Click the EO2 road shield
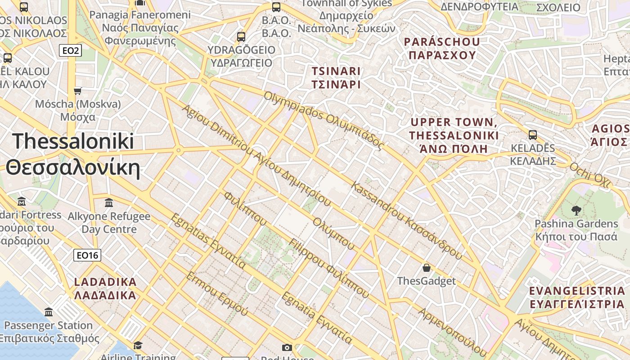click(x=71, y=50)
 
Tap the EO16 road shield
click(x=87, y=255)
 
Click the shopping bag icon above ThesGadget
click(x=427, y=268)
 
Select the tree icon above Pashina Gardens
click(x=576, y=210)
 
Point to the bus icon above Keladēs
click(x=533, y=135)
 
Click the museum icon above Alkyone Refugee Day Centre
click(x=109, y=203)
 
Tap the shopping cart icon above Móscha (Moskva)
click(x=78, y=91)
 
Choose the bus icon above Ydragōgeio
click(x=241, y=36)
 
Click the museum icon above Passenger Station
click(x=49, y=312)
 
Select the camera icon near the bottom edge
click(x=287, y=347)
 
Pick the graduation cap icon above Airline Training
click(x=138, y=345)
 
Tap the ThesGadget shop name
click(x=426, y=281)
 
